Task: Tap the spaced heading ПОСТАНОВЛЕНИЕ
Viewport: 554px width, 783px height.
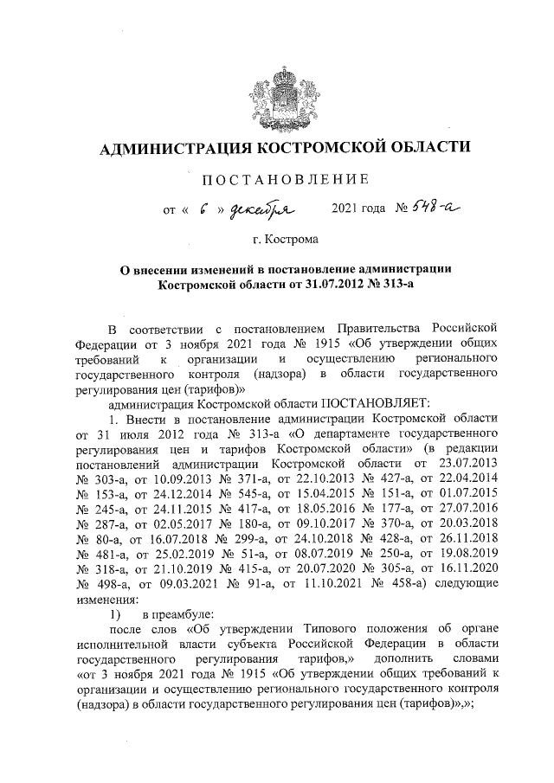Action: (x=285, y=179)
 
